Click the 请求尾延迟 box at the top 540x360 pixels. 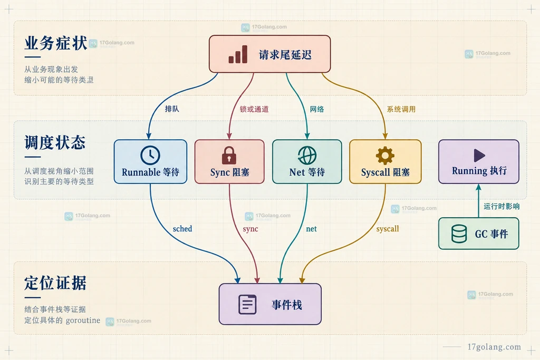tap(269, 54)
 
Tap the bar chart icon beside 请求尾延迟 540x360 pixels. tap(238, 54)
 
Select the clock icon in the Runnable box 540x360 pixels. tap(150, 155)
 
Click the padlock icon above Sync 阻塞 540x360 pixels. tap(229, 155)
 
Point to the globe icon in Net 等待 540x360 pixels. tap(307, 155)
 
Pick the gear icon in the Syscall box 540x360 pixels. tap(385, 155)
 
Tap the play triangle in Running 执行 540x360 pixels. tap(479, 155)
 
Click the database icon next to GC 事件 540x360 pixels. tap(459, 233)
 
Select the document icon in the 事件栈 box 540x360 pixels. tap(248, 304)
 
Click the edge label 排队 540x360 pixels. tap(172, 109)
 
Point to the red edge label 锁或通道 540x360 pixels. tap(254, 109)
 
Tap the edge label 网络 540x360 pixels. tap(317, 109)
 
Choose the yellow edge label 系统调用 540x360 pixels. tap(401, 109)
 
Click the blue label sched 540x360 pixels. tap(182, 229)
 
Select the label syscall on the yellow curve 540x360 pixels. tap(388, 229)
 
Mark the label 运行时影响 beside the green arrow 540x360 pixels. tap(502, 206)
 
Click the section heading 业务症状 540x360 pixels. tap(55, 43)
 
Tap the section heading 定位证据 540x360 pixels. tap(55, 283)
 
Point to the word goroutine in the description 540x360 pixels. tap(83, 320)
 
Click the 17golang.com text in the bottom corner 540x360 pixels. tap(494, 347)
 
